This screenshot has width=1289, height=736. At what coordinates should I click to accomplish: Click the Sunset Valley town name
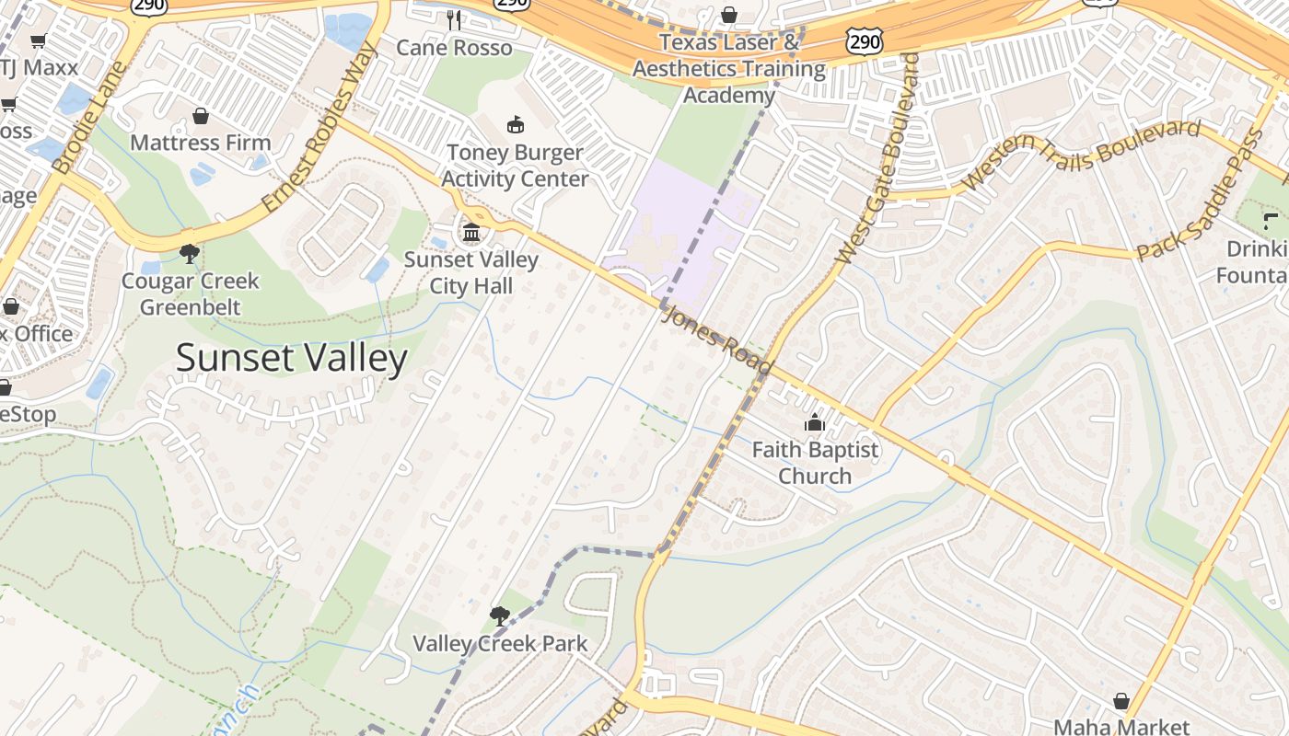click(x=291, y=358)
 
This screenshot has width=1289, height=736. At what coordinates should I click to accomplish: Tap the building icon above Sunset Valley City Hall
click(x=472, y=232)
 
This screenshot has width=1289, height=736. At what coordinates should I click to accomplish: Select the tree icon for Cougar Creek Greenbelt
click(x=190, y=253)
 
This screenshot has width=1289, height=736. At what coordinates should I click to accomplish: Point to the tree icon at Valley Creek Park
click(x=500, y=615)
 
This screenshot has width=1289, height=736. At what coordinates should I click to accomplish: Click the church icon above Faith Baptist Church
click(x=815, y=422)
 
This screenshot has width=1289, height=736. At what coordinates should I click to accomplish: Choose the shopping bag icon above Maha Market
click(x=1121, y=701)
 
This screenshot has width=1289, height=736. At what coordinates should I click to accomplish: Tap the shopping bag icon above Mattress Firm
click(x=201, y=116)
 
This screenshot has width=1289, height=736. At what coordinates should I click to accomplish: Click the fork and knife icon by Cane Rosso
click(x=453, y=19)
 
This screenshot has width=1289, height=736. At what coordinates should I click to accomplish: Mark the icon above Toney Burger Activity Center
click(x=515, y=124)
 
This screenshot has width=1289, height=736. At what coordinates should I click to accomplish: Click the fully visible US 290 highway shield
click(x=864, y=39)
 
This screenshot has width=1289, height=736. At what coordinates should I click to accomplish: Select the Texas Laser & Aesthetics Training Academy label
click(x=729, y=69)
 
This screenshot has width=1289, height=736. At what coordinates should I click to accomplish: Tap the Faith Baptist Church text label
click(x=815, y=463)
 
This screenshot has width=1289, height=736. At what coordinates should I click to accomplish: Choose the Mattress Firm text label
click(x=201, y=143)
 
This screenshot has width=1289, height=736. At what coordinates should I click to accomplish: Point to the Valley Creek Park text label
click(x=500, y=643)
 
